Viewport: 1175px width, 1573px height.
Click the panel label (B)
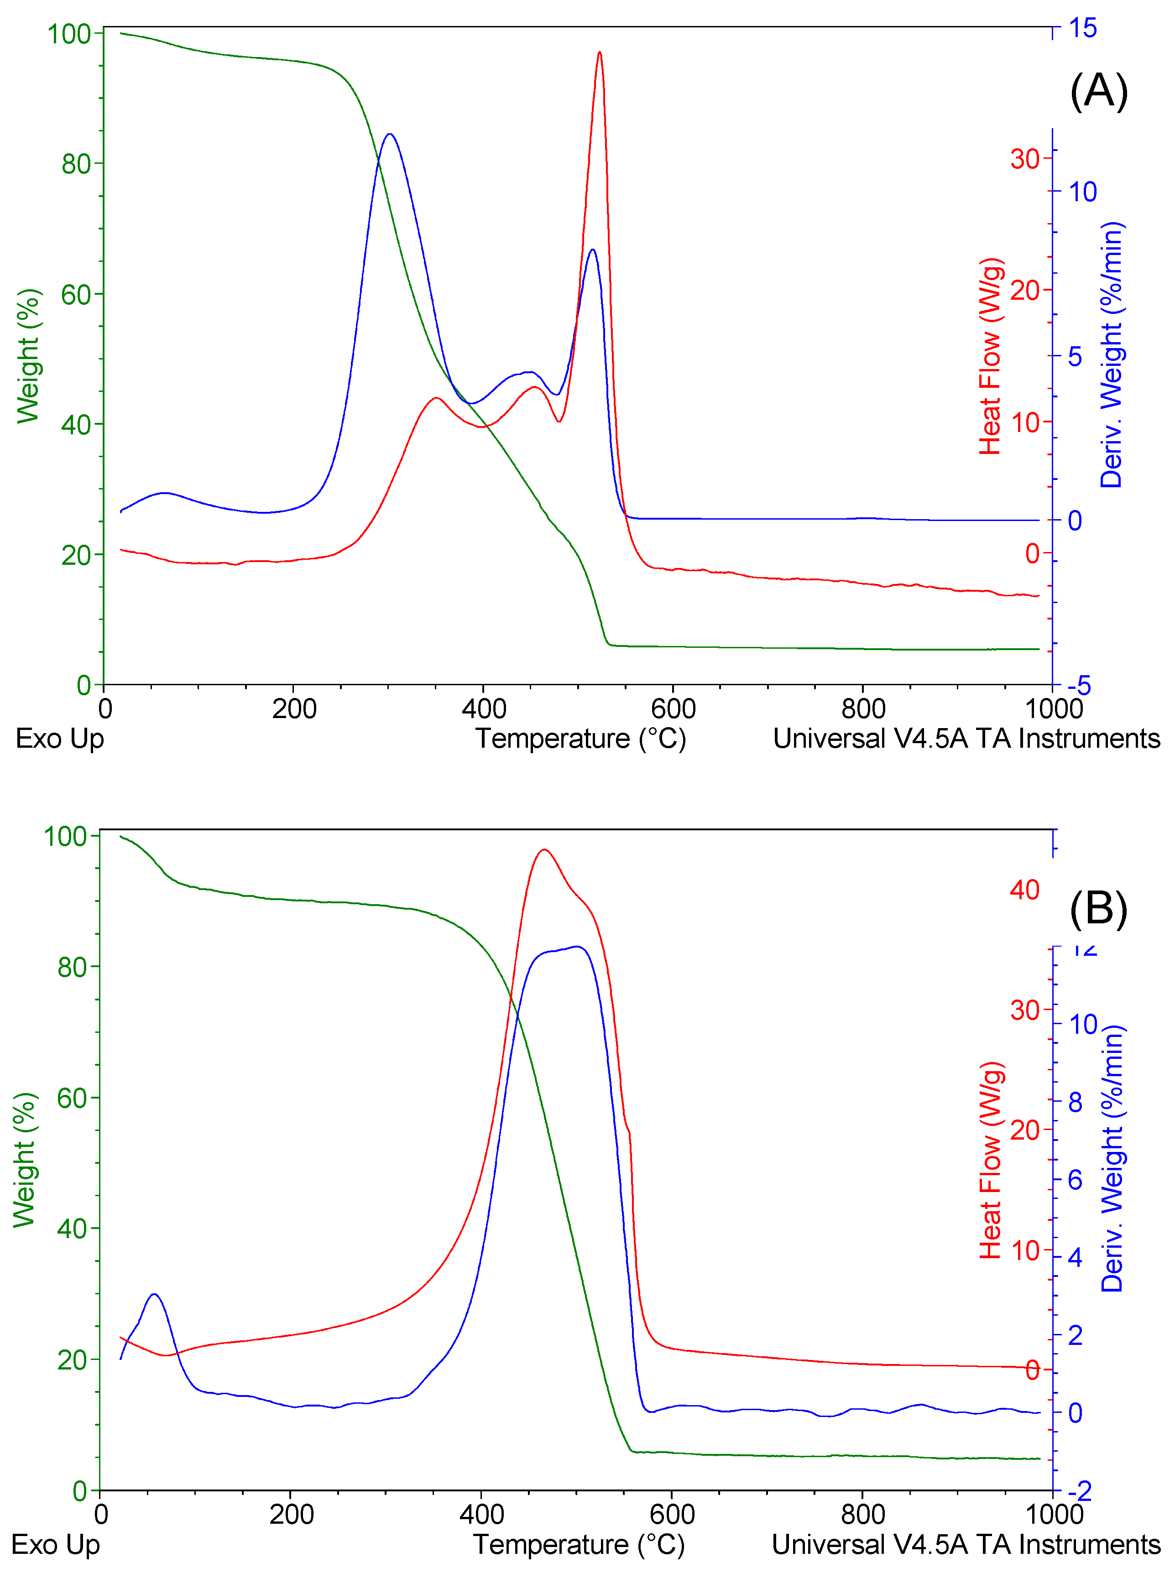(x=1098, y=909)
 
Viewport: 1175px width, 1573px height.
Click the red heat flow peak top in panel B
(x=544, y=850)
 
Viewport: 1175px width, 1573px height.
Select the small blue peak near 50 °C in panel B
(x=154, y=1294)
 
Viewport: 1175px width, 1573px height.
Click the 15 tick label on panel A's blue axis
(x=1082, y=28)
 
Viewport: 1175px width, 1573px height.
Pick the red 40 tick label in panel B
(x=1024, y=890)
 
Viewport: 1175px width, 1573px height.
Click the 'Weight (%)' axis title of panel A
(x=28, y=355)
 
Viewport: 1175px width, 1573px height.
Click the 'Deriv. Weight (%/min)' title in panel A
(x=1111, y=354)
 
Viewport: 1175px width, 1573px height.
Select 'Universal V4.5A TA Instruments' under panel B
(x=965, y=1545)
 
